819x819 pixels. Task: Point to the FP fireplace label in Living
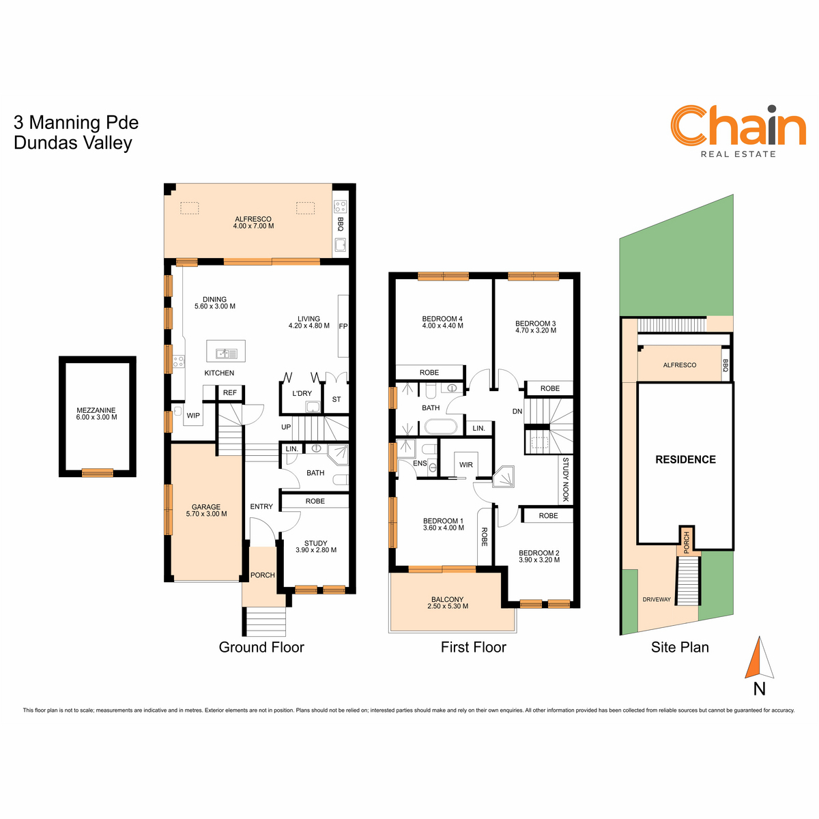tap(343, 326)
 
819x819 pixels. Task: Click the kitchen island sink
tap(226, 353)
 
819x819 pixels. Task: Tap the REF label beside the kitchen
tap(229, 392)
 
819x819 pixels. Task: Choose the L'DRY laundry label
tap(302, 394)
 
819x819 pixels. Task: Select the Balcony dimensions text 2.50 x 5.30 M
tap(448, 606)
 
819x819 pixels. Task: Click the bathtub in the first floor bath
tap(441, 427)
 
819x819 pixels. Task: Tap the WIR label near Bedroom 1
tap(466, 465)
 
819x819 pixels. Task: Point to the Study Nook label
tap(565, 479)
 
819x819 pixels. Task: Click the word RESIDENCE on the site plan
tap(685, 459)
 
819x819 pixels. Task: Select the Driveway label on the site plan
tap(657, 599)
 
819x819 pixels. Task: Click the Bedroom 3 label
tap(536, 324)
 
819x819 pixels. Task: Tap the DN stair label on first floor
tap(517, 412)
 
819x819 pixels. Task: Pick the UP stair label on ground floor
tap(286, 427)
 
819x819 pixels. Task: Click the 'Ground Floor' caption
tap(261, 647)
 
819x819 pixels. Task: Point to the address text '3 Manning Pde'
tap(76, 122)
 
